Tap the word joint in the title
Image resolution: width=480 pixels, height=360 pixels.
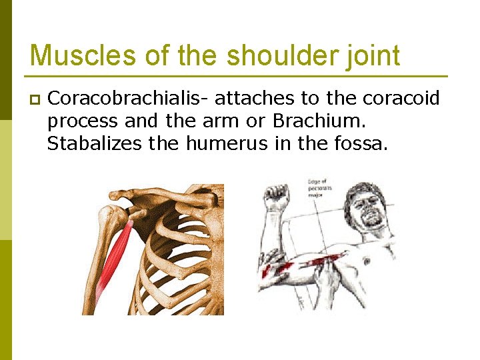coord(370,55)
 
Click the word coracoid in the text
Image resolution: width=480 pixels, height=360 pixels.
coord(401,99)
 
